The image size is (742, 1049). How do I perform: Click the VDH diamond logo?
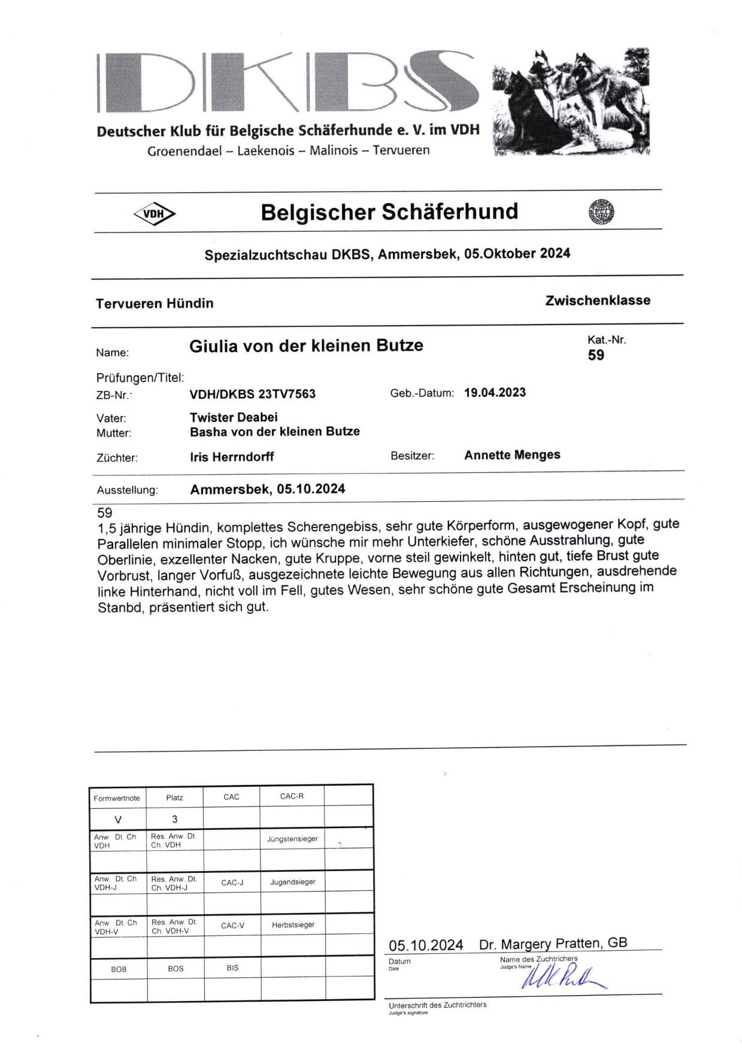[x=154, y=214]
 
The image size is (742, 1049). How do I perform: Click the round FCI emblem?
[x=601, y=212]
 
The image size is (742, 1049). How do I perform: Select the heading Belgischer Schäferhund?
[x=389, y=212]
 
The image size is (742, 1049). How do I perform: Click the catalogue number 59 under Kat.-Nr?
[x=596, y=355]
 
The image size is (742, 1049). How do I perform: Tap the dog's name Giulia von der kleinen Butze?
[x=306, y=346]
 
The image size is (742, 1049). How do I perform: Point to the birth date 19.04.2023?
[x=495, y=393]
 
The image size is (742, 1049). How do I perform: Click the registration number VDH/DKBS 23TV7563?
[x=252, y=394]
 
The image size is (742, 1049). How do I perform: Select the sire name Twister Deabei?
[x=234, y=417]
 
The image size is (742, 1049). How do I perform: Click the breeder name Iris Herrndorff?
[x=232, y=457]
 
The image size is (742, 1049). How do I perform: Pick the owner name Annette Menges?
[x=512, y=455]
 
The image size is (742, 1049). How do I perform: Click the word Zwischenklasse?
[x=597, y=301]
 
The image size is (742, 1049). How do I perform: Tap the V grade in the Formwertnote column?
[x=118, y=819]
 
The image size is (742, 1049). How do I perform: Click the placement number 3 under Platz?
[x=174, y=819]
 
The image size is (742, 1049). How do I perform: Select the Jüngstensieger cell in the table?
[x=292, y=839]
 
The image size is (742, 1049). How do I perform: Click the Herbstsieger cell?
[x=293, y=925]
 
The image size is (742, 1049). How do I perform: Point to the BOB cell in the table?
[x=119, y=969]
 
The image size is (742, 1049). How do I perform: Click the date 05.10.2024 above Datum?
[x=425, y=945]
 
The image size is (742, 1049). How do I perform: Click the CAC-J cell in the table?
[x=232, y=883]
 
